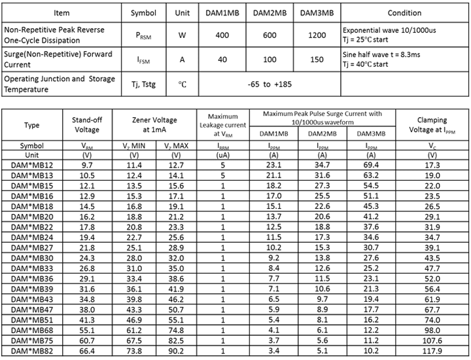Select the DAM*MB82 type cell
pyautogui.click(x=32, y=350)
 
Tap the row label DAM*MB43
pyautogui.click(x=32, y=299)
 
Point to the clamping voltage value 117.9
pyautogui.click(x=431, y=350)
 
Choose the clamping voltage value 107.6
pyautogui.click(x=431, y=340)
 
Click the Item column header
pyautogui.click(x=61, y=12)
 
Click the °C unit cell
pyautogui.click(x=183, y=84)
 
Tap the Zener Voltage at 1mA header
pyautogui.click(x=154, y=125)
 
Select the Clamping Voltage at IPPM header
pyautogui.click(x=431, y=125)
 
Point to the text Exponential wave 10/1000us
pyautogui.click(x=389, y=29)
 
